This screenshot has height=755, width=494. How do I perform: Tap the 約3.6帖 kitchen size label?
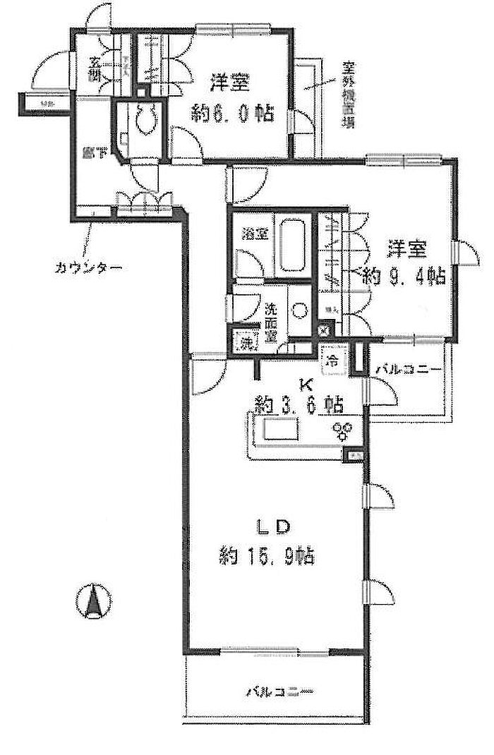tap(299, 406)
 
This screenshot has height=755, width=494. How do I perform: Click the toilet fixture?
tap(147, 119)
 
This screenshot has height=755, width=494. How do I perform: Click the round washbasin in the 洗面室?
tap(299, 309)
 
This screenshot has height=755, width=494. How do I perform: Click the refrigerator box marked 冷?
tap(331, 359)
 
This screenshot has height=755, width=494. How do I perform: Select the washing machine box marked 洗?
tap(246, 342)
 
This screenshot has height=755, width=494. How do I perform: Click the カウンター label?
tap(88, 267)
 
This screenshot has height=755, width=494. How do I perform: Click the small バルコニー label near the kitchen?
tap(407, 370)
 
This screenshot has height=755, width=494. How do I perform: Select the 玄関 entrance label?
tap(95, 71)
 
